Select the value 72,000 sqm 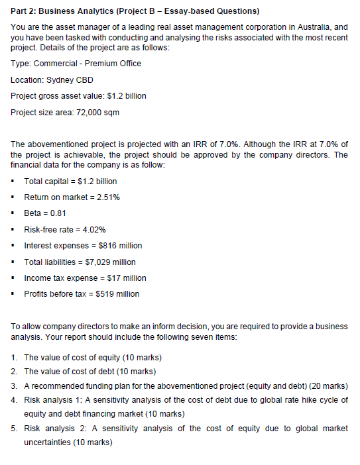[103, 112]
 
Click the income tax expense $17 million [123, 278]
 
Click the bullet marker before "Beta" [14, 213]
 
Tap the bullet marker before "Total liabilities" [14, 262]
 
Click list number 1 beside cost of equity [15, 358]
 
